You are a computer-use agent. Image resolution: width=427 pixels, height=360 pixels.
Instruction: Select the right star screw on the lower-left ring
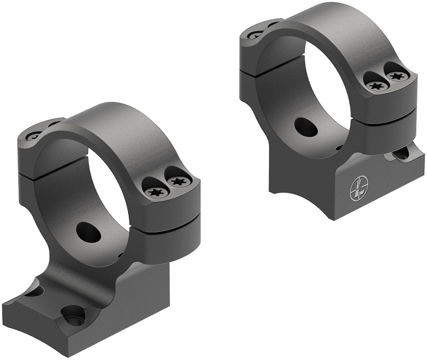point(176,182)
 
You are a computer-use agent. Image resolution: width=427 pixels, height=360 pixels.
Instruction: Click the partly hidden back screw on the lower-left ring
point(33,135)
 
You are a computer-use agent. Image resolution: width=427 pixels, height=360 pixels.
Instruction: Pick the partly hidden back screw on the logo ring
point(255,34)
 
